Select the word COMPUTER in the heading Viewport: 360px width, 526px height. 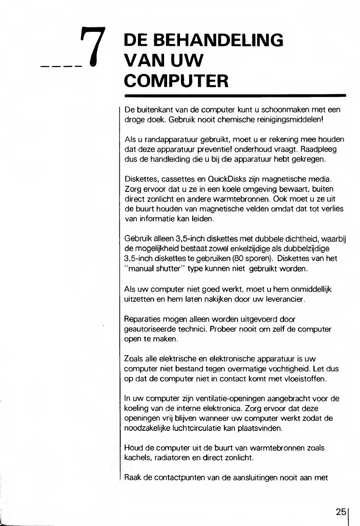177,80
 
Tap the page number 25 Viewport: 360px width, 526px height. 341,512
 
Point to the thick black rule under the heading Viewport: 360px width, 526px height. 235,95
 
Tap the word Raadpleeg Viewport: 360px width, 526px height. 318,149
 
